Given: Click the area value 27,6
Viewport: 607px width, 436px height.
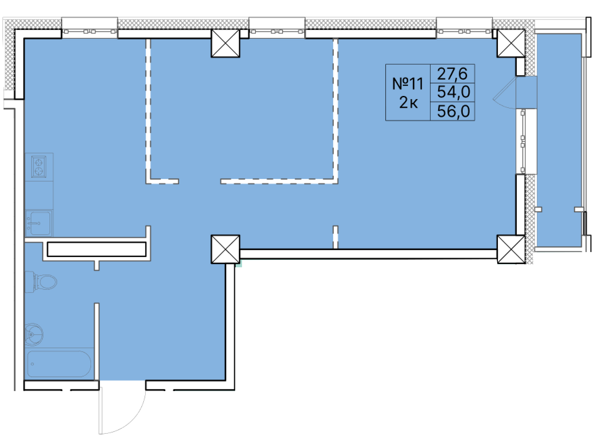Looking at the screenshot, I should click(x=452, y=74).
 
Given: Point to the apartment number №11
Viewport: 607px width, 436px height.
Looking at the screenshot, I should click(x=408, y=84).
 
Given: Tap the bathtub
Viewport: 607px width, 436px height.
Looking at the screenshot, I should click(x=59, y=364).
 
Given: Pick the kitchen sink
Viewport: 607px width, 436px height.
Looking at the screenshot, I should click(x=39, y=223).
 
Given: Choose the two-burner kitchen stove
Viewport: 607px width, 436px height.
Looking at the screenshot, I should click(x=39, y=167).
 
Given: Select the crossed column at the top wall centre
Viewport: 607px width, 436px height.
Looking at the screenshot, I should click(x=225, y=43).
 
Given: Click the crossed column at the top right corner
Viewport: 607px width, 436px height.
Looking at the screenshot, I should click(x=511, y=43).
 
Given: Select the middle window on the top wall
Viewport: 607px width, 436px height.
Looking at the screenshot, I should click(x=277, y=31).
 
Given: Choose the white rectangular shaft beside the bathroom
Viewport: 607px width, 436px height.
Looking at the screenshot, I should click(x=97, y=249).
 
